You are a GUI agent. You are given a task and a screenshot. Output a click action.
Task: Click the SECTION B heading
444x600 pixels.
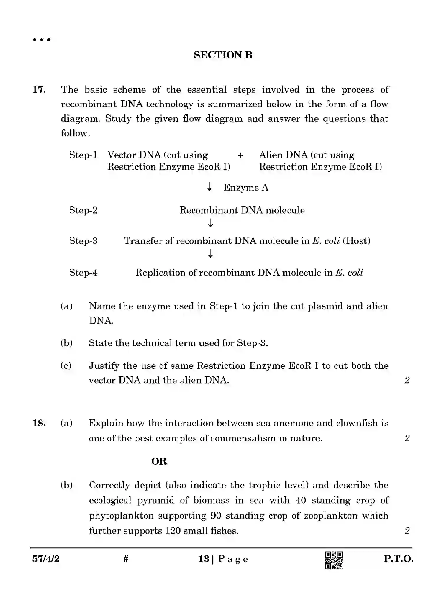pyautogui.click(x=223, y=55)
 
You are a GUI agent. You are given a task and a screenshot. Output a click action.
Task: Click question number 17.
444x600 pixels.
pyautogui.click(x=39, y=89)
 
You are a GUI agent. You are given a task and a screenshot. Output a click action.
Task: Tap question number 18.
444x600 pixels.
pyautogui.click(x=39, y=423)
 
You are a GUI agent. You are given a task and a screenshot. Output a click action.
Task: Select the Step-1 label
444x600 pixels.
pyautogui.click(x=83, y=155)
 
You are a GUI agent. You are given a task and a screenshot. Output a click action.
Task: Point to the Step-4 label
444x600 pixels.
pyautogui.click(x=83, y=272)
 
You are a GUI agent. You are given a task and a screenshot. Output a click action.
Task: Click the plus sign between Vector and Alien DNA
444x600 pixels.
pyautogui.click(x=240, y=155)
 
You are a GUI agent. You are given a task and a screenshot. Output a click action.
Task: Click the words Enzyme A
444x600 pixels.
pyautogui.click(x=246, y=188)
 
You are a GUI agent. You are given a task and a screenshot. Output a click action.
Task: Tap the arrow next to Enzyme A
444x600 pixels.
pyautogui.click(x=209, y=186)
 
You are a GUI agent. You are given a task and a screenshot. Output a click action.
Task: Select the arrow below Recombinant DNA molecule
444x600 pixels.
pyautogui.click(x=210, y=223)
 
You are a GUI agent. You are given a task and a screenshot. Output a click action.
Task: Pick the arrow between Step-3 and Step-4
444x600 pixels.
pyautogui.click(x=210, y=253)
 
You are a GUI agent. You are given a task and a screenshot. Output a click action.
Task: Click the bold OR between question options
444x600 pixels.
pyautogui.click(x=159, y=461)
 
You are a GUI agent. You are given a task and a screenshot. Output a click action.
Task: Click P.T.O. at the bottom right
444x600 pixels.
pyautogui.click(x=398, y=559)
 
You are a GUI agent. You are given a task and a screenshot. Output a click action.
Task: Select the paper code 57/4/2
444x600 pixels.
pyautogui.click(x=46, y=559)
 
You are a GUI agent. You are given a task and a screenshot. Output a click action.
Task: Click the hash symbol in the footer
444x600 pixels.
pyautogui.click(x=126, y=559)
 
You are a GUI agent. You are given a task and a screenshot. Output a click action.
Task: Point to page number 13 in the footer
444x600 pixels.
pyautogui.click(x=204, y=559)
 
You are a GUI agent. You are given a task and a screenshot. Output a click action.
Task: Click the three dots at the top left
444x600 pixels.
pyautogui.click(x=42, y=40)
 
